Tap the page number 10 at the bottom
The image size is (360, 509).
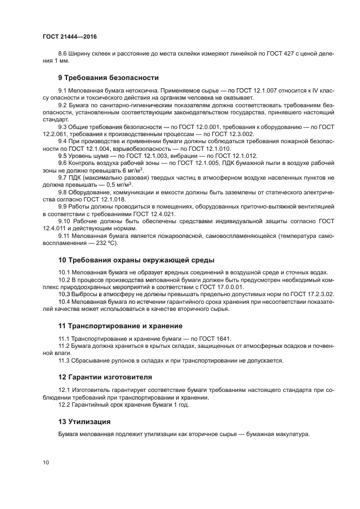click(46, 462)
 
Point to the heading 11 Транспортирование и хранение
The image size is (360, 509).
click(120, 326)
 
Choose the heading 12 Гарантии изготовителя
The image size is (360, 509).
click(105, 377)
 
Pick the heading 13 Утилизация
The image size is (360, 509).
click(84, 421)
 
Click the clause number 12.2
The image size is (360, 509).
click(65, 404)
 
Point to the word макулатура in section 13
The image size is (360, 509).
click(292, 434)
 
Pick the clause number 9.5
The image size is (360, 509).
click(64, 156)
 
